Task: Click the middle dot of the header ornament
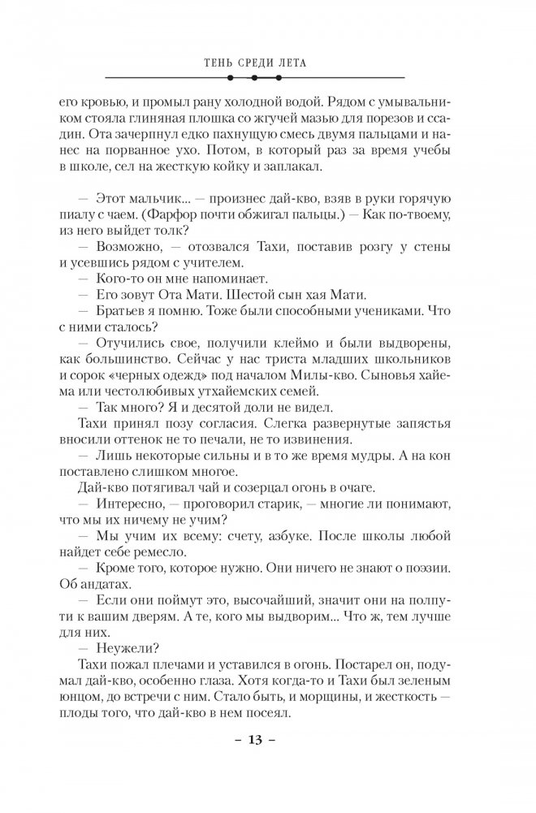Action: [x=254, y=79]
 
